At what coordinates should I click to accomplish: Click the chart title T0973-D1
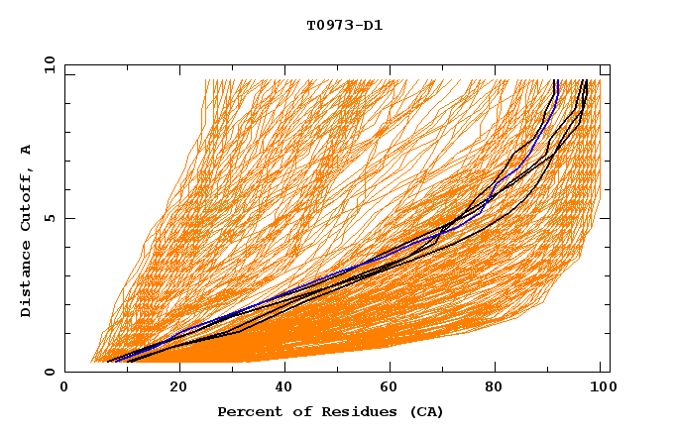point(344,26)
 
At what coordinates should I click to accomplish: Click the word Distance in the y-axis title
point(27,282)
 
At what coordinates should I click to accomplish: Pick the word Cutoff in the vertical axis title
point(27,204)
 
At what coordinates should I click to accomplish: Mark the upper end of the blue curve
point(557,81)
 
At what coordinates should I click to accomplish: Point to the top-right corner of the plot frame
point(610,64)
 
